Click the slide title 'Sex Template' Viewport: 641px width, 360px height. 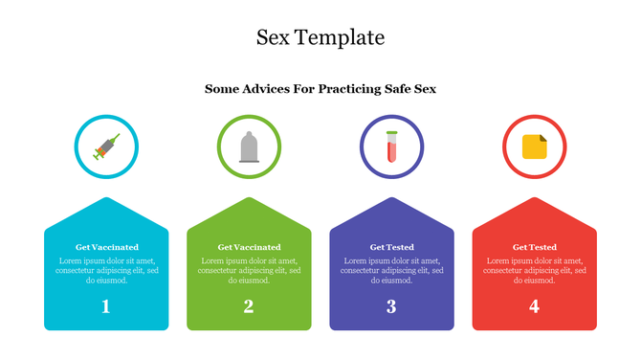pyautogui.click(x=320, y=37)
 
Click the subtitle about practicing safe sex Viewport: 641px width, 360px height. pyautogui.click(x=320, y=89)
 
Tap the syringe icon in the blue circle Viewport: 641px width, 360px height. pyautogui.click(x=106, y=146)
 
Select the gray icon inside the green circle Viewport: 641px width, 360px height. pyautogui.click(x=249, y=146)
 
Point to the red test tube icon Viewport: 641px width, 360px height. pyautogui.click(x=391, y=146)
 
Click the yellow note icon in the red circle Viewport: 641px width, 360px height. pyautogui.click(x=534, y=146)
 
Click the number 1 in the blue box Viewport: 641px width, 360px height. pyautogui.click(x=106, y=306)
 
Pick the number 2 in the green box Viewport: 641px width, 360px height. pyautogui.click(x=249, y=306)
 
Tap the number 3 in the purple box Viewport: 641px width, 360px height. pyautogui.click(x=391, y=306)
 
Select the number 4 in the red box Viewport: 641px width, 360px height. pyautogui.click(x=534, y=306)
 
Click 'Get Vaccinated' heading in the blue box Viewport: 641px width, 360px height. pyautogui.click(x=106, y=247)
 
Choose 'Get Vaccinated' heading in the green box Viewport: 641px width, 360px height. pyautogui.click(x=249, y=247)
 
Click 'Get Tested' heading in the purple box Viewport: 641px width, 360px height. pyautogui.click(x=391, y=247)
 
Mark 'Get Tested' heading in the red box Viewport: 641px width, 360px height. pyautogui.click(x=534, y=247)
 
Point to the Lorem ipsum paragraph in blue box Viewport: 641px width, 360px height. pyautogui.click(x=106, y=270)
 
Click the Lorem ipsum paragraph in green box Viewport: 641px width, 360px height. pyautogui.click(x=249, y=270)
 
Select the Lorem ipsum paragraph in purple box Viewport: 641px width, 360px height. pyautogui.click(x=391, y=270)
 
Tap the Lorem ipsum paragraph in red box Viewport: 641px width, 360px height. pyautogui.click(x=534, y=270)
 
